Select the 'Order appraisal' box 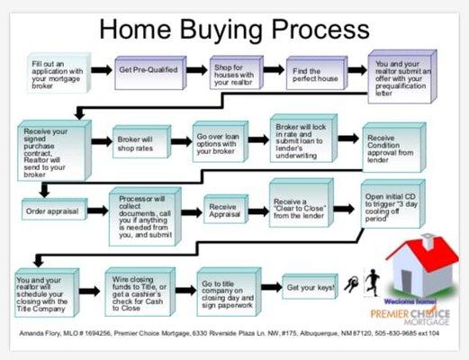click(x=52, y=212)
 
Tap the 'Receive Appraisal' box click(x=227, y=210)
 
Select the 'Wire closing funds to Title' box click(x=138, y=290)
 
